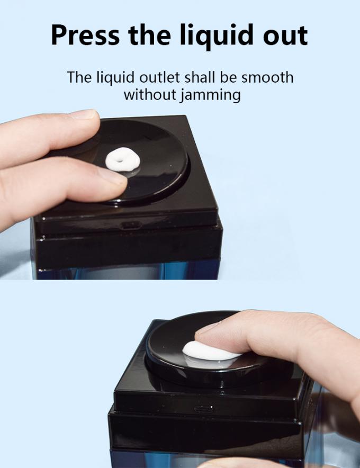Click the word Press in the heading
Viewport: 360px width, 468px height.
click(85, 35)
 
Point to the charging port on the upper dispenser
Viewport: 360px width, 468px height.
click(131, 225)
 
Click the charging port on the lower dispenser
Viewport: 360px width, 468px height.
click(204, 408)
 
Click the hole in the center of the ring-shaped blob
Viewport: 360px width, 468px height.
click(120, 161)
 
